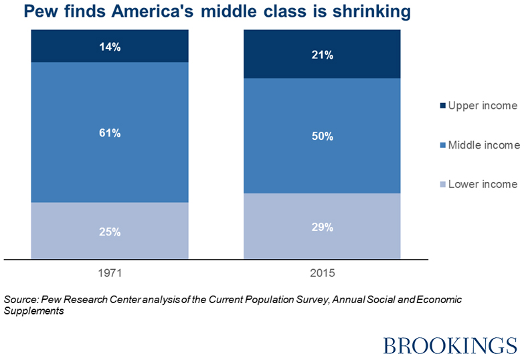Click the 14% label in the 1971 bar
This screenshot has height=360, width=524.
(110, 47)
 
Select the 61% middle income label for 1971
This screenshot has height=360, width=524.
(110, 133)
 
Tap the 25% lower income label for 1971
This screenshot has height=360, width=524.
(110, 232)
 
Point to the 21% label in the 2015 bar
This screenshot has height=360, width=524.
(322, 56)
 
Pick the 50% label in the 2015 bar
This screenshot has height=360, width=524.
(322, 137)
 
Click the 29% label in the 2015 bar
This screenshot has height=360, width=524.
(322, 228)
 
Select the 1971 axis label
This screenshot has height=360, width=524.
(110, 273)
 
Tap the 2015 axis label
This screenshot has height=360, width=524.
(322, 273)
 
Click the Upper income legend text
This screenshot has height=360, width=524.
(483, 106)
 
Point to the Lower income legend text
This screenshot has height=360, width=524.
(483, 184)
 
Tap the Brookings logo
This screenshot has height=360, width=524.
(450, 344)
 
